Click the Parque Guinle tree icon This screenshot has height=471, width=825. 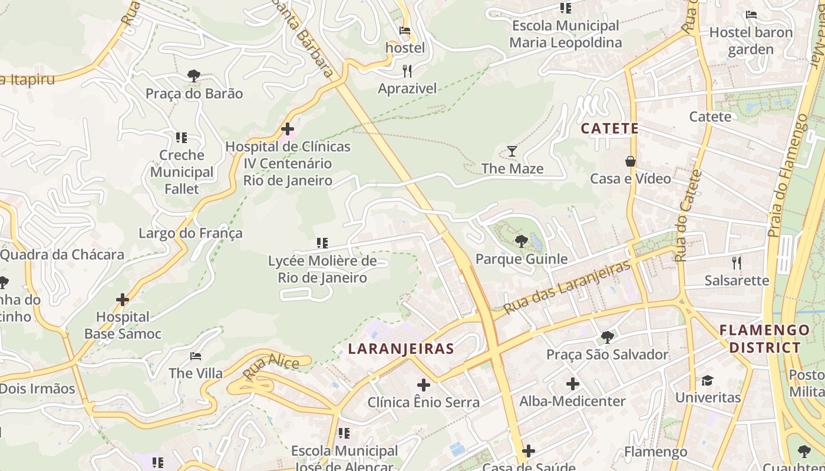point(521,241)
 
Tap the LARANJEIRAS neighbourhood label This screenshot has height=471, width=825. point(401,349)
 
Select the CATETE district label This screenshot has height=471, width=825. point(609,128)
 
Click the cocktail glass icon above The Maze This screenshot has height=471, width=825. point(512,151)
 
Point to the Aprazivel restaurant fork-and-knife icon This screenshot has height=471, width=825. point(407,72)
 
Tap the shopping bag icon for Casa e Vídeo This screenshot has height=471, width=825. point(631,161)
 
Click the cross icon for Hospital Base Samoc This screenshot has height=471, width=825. point(123,300)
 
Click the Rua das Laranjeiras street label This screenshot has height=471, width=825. point(567,287)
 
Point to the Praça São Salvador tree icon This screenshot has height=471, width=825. point(607,337)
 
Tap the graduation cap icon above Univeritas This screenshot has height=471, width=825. point(707,380)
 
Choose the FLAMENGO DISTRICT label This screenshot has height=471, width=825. point(765,339)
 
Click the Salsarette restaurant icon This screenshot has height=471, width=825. point(736,263)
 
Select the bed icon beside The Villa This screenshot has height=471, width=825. point(196,356)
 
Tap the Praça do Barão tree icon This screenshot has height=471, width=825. point(193,76)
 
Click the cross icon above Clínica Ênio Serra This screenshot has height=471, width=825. point(423,386)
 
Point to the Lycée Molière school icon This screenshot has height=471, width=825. point(322,243)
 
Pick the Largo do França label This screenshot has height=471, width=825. point(190,233)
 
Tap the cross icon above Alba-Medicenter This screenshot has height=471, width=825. point(572,384)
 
